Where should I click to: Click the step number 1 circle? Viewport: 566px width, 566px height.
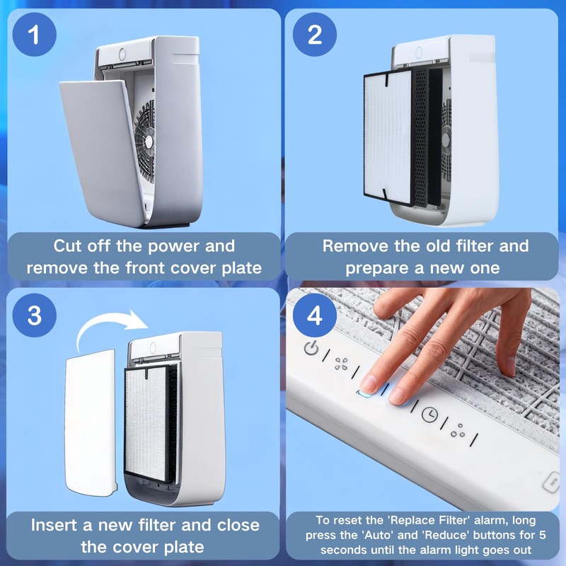[x=34, y=34]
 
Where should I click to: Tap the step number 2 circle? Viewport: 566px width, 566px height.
[x=314, y=34]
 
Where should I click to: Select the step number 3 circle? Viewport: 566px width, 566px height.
[x=34, y=315]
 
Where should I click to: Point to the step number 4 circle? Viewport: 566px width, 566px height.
[x=314, y=315]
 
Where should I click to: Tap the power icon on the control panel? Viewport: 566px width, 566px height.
[x=311, y=347]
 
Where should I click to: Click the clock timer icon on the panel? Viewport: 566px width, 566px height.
[x=429, y=414]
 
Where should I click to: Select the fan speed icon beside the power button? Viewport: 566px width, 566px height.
[x=341, y=364]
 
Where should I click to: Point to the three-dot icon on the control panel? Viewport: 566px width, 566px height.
[x=458, y=430]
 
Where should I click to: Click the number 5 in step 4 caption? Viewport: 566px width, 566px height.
[x=543, y=535]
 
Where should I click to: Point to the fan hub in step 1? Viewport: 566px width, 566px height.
[x=149, y=141]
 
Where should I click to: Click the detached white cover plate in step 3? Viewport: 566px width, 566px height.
[x=91, y=422]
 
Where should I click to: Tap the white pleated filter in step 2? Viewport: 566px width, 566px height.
[x=388, y=137]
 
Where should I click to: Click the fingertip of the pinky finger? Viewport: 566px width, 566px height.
[x=509, y=366]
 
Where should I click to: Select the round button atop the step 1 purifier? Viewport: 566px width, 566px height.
[x=122, y=54]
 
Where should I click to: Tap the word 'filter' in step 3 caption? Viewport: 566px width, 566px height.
[x=157, y=525]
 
